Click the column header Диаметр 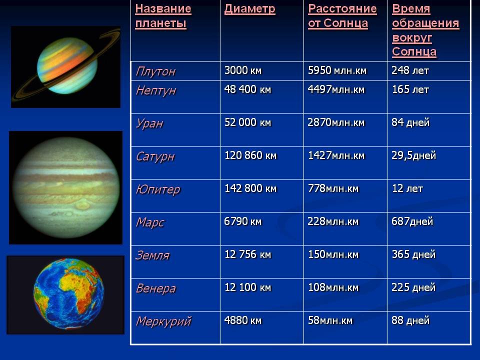pyautogui.click(x=250, y=9)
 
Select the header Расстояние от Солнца pyautogui.click(x=342, y=16)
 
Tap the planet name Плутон pyautogui.click(x=155, y=71)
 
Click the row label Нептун pyautogui.click(x=156, y=90)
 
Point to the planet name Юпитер pyautogui.click(x=158, y=189)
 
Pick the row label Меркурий pyautogui.click(x=163, y=321)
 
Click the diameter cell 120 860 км pyautogui.click(x=250, y=155)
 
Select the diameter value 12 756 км pyautogui.click(x=247, y=254)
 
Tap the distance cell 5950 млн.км pyautogui.click(x=337, y=70)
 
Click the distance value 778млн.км pyautogui.click(x=333, y=188)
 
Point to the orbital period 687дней pyautogui.click(x=412, y=221)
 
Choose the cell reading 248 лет pyautogui.click(x=410, y=70)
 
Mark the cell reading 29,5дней pyautogui.click(x=413, y=155)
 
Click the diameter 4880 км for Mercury pyautogui.click(x=243, y=320)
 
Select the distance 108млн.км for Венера pyautogui.click(x=333, y=287)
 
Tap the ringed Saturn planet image pyautogui.click(x=66, y=66)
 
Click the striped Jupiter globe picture pyautogui.click(x=66, y=187)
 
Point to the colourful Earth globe pyautogui.click(x=68, y=294)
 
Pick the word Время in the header pyautogui.click(x=411, y=9)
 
